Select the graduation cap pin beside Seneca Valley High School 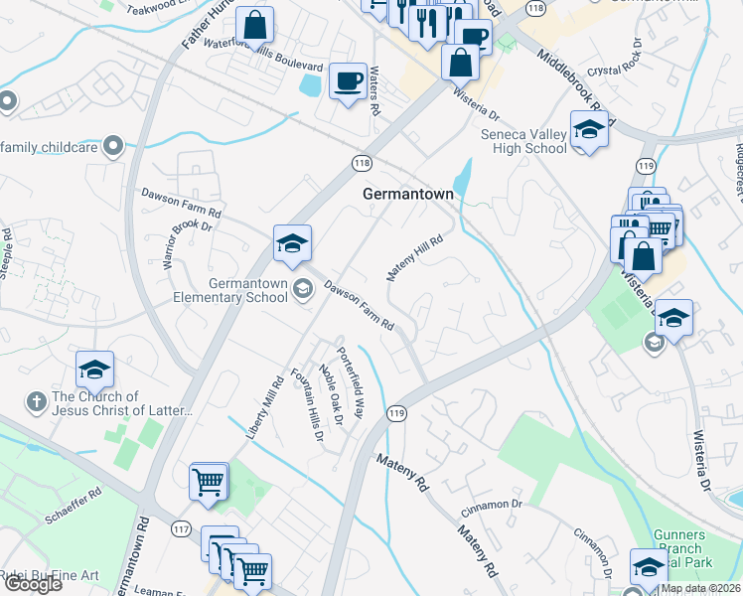point(589,131)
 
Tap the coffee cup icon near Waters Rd point(348,80)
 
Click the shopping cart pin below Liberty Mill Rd point(209,483)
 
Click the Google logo point(33,584)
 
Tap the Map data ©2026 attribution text point(700,588)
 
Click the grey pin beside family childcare point(112,146)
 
